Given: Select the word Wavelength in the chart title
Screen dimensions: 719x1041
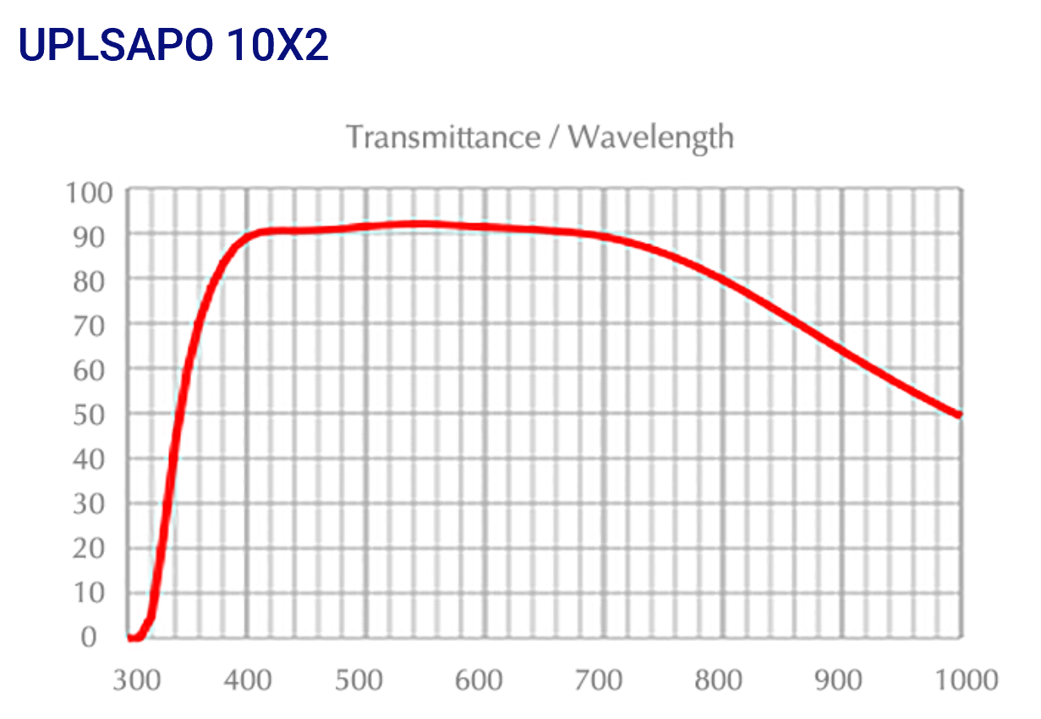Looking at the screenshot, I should pyautogui.click(x=651, y=136).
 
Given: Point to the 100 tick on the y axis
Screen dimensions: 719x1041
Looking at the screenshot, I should pyautogui.click(x=89, y=193).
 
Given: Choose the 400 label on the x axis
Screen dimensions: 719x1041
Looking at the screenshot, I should pyautogui.click(x=247, y=679).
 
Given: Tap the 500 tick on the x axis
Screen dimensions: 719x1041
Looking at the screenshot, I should pyautogui.click(x=366, y=679).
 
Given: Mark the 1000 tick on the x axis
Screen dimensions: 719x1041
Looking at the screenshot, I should pyautogui.click(x=958, y=679).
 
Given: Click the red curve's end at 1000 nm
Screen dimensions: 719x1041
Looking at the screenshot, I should pyautogui.click(x=959, y=414).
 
